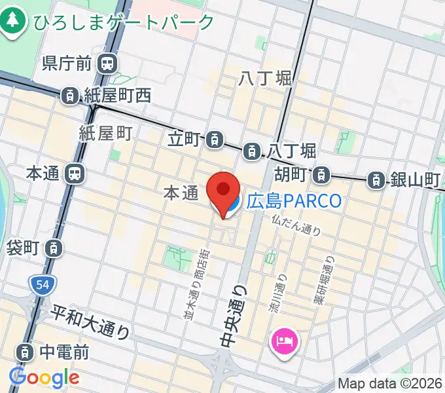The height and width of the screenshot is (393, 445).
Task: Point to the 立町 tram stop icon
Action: [214, 139]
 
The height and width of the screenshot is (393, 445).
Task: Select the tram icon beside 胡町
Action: [320, 175]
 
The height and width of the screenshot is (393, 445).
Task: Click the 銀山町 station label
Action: [414, 179]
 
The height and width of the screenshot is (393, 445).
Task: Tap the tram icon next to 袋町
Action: [56, 248]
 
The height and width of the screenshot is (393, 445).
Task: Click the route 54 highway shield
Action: [41, 284]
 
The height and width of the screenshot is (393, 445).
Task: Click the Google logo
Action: [44, 378]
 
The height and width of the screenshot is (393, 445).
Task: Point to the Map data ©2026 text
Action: [390, 384]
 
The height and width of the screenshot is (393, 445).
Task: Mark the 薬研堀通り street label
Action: [327, 278]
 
